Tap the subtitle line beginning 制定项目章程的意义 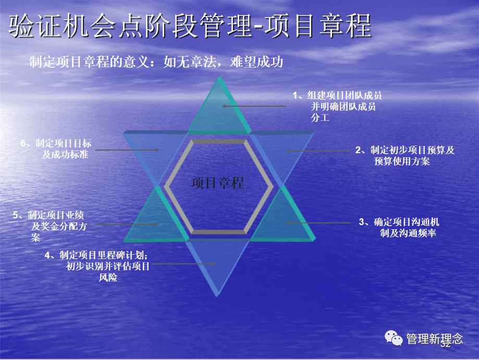156,62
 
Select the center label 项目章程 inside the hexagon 217,183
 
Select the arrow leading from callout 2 318,151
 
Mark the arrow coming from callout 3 318,223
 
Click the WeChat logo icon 394,339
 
